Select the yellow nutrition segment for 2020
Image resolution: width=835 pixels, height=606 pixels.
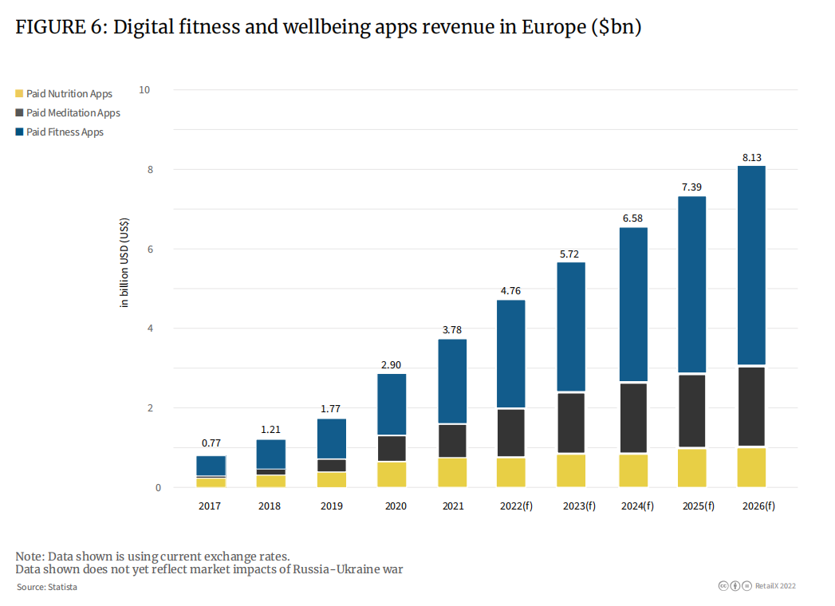click(x=392, y=474)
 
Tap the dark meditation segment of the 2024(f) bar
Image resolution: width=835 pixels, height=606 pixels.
click(x=633, y=418)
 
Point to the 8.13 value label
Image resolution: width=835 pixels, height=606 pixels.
click(x=750, y=158)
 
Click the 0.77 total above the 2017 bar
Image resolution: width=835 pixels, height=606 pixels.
click(x=211, y=443)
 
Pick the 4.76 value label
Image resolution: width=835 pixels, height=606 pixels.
click(x=510, y=290)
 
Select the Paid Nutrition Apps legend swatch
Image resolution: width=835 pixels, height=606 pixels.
click(x=20, y=94)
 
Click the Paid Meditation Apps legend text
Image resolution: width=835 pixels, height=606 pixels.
click(x=73, y=113)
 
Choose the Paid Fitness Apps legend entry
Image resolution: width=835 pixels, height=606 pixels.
click(x=65, y=132)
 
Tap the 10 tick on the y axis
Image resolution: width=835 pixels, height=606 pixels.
click(x=144, y=89)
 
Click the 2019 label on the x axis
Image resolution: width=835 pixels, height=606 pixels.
click(x=332, y=506)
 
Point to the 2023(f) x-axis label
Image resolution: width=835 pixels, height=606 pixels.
click(x=571, y=506)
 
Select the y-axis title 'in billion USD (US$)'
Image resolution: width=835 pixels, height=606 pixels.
click(x=124, y=263)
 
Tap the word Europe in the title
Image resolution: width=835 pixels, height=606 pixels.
click(x=552, y=27)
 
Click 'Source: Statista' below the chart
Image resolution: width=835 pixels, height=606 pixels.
click(x=47, y=587)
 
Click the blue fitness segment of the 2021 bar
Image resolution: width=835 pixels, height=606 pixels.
click(x=452, y=381)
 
